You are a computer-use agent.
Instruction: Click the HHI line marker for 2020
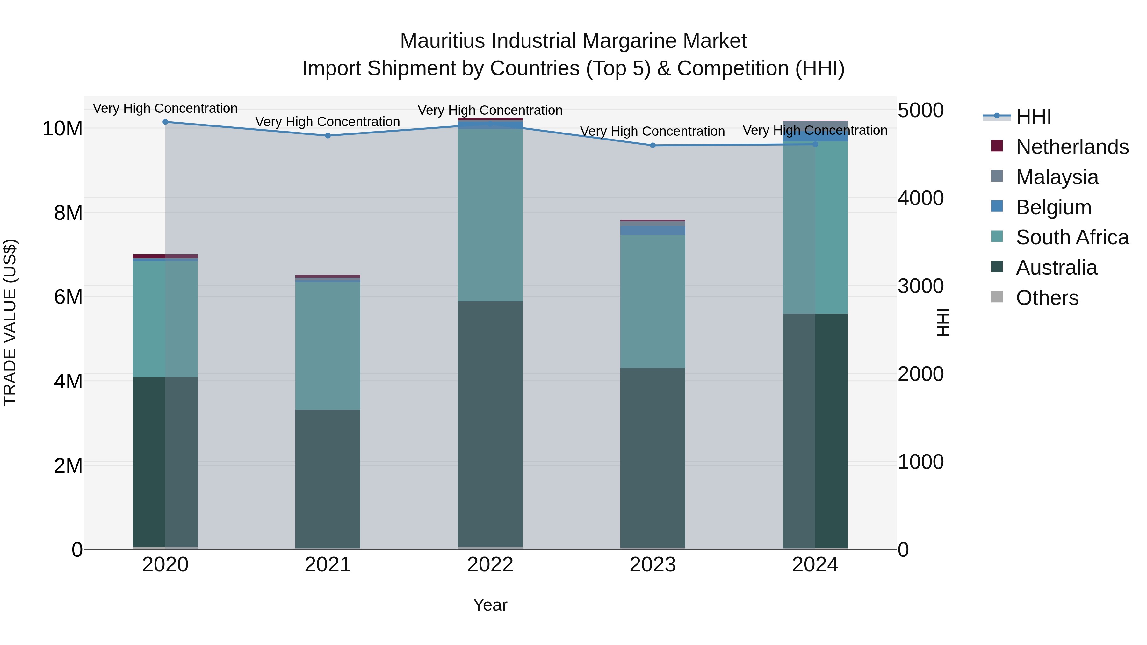coord(165,122)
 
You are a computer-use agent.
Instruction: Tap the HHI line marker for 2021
coord(328,136)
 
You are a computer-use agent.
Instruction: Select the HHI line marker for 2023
coord(653,146)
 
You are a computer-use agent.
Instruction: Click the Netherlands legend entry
coord(1072,147)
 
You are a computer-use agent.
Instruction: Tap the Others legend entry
coord(1047,298)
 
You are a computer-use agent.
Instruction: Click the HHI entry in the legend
coord(1033,117)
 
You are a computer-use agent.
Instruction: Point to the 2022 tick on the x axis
coord(490,565)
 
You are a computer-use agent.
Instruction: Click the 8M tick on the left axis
coord(68,213)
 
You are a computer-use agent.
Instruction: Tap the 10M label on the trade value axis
coord(62,129)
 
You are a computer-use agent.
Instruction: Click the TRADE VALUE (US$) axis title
coord(10,322)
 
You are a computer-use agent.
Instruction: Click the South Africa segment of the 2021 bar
coord(328,345)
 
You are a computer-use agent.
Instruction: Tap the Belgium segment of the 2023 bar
coord(653,231)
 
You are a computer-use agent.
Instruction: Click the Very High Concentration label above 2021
coord(328,122)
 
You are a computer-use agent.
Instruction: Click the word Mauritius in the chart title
coord(443,41)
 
